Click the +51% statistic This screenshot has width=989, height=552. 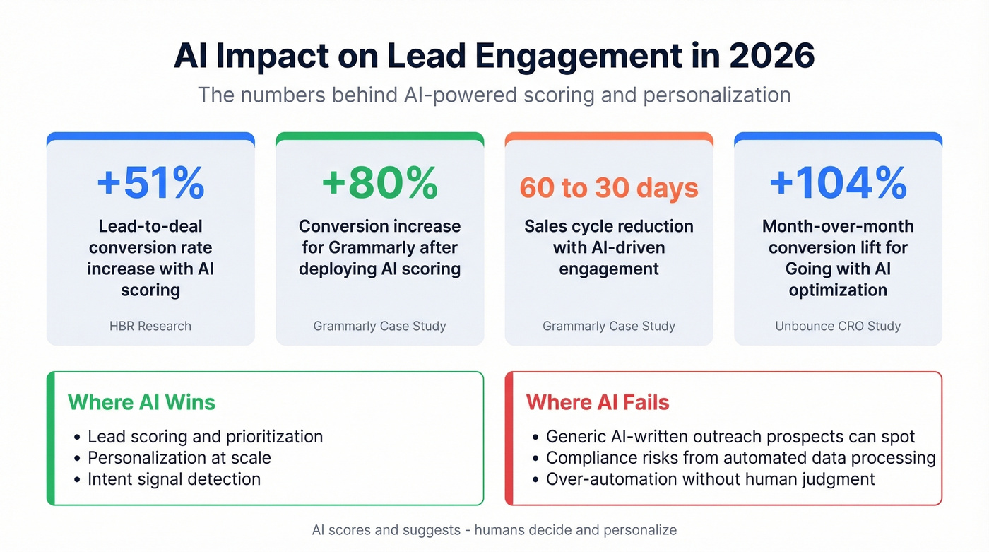click(x=150, y=182)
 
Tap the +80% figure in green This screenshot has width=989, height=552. click(x=379, y=182)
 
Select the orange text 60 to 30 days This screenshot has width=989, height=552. click(x=609, y=187)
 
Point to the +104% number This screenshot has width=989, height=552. click(x=838, y=182)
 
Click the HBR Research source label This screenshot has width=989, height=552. click(x=150, y=326)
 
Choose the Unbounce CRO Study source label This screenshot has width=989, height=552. click(x=838, y=326)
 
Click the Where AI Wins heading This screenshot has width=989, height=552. click(x=141, y=402)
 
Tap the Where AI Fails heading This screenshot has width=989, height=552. click(x=597, y=402)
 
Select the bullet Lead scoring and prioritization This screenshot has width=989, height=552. click(x=205, y=437)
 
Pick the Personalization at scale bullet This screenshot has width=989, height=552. click(x=179, y=458)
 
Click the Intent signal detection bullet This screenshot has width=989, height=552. click(x=174, y=479)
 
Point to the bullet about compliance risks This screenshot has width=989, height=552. click(x=740, y=458)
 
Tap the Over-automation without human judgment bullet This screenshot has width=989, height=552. click(x=710, y=479)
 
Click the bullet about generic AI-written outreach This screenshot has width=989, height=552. click(x=730, y=437)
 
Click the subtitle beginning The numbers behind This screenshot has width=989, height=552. click(x=494, y=95)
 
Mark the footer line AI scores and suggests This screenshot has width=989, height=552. click(x=494, y=530)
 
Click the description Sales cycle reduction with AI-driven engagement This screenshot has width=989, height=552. click(x=609, y=247)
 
